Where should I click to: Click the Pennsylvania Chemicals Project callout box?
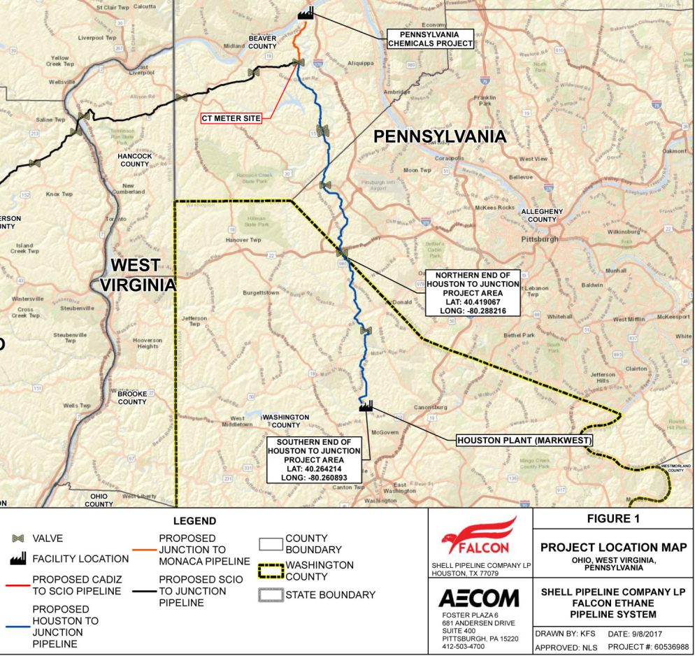[431, 38]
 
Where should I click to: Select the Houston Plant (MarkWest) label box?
[524, 441]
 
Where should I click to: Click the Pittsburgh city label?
[539, 238]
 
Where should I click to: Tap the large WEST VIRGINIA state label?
[138, 275]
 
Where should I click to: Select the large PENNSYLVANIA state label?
[439, 136]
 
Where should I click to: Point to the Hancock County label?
[135, 160]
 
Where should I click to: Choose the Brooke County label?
[132, 398]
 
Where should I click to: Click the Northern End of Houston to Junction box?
[473, 293]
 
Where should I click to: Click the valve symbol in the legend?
[19, 539]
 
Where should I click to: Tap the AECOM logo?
[478, 599]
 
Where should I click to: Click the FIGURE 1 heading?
[613, 519]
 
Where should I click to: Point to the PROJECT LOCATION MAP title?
[613, 547]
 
